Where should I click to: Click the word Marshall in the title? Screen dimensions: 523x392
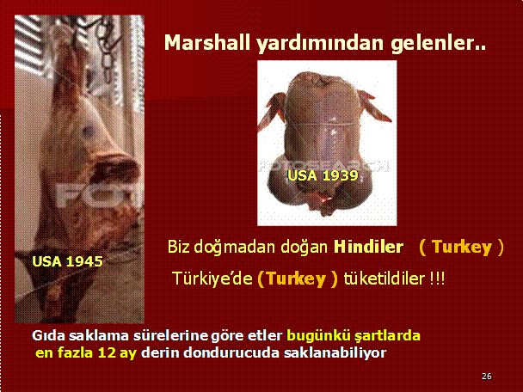tap(207, 43)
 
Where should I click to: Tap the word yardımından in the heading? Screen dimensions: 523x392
tap(320, 44)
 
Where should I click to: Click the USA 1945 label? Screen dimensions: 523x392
tap(67, 261)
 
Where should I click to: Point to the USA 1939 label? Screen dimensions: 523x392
tap(323, 175)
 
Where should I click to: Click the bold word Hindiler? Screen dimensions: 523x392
tap(368, 247)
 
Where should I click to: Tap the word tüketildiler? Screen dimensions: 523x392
tap(385, 279)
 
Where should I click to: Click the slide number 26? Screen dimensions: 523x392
tap(487, 376)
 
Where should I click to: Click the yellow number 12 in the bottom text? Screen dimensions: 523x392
tap(107, 352)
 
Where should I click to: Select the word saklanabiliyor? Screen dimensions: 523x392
tap(335, 353)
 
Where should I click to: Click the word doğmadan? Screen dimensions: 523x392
tap(235, 248)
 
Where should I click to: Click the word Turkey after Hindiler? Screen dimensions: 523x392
tap(462, 247)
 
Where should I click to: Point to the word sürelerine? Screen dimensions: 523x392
tap(170, 335)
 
